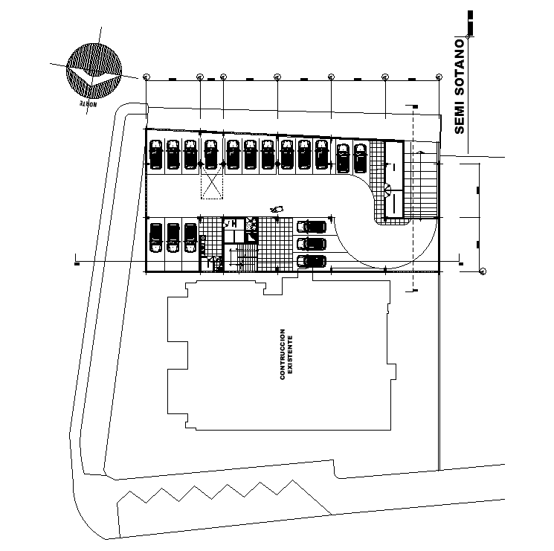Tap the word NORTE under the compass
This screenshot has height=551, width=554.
point(86,103)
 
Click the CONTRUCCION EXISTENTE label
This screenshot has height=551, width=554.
point(286,355)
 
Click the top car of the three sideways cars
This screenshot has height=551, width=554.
point(311,227)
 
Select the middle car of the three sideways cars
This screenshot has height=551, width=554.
point(311,243)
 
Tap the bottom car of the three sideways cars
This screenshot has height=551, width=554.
point(311,260)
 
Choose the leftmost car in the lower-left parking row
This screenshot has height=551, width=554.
point(156,239)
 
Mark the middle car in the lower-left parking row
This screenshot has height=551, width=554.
point(173,239)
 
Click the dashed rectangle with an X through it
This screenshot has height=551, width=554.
point(212,182)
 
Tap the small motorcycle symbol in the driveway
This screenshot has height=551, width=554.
point(277,209)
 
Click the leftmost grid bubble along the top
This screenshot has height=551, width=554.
point(146,77)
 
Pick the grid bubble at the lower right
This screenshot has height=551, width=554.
point(482,271)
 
